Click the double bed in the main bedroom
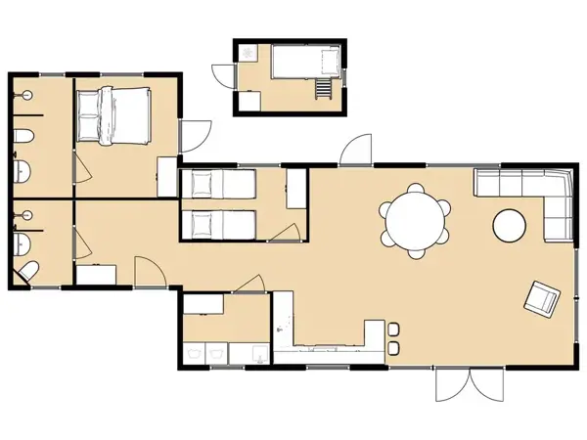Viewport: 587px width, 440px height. click(113, 115)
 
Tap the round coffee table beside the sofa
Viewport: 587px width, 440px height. click(510, 226)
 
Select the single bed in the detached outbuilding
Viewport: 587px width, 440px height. click(304, 65)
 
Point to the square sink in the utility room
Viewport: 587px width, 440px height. click(256, 350)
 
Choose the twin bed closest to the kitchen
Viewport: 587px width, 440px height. click(217, 224)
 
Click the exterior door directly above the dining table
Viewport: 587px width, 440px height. click(353, 151)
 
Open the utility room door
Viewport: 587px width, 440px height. click(248, 283)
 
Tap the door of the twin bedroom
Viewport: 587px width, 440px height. click(287, 233)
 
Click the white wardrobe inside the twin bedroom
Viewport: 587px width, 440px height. click(294, 187)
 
